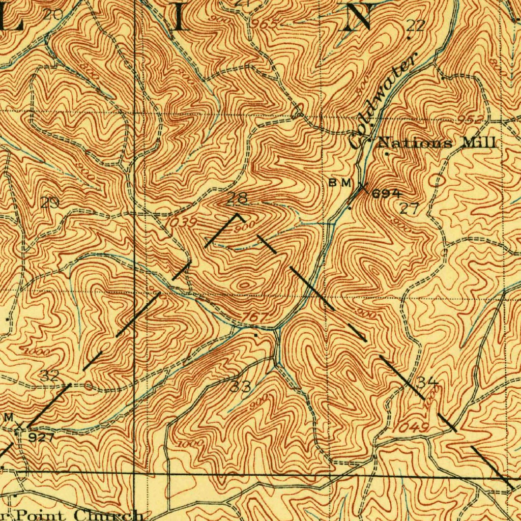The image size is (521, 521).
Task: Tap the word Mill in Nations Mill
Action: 478,142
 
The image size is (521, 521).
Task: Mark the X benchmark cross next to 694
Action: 363,186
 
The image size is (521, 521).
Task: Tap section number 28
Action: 238,198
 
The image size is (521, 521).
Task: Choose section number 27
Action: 409,208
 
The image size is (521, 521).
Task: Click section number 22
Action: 415,25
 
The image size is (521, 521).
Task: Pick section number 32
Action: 50,376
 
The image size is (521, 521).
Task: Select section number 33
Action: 240,386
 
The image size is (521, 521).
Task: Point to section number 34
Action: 427,382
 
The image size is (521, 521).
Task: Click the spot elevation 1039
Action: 180,222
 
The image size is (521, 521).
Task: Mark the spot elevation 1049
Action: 410,427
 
